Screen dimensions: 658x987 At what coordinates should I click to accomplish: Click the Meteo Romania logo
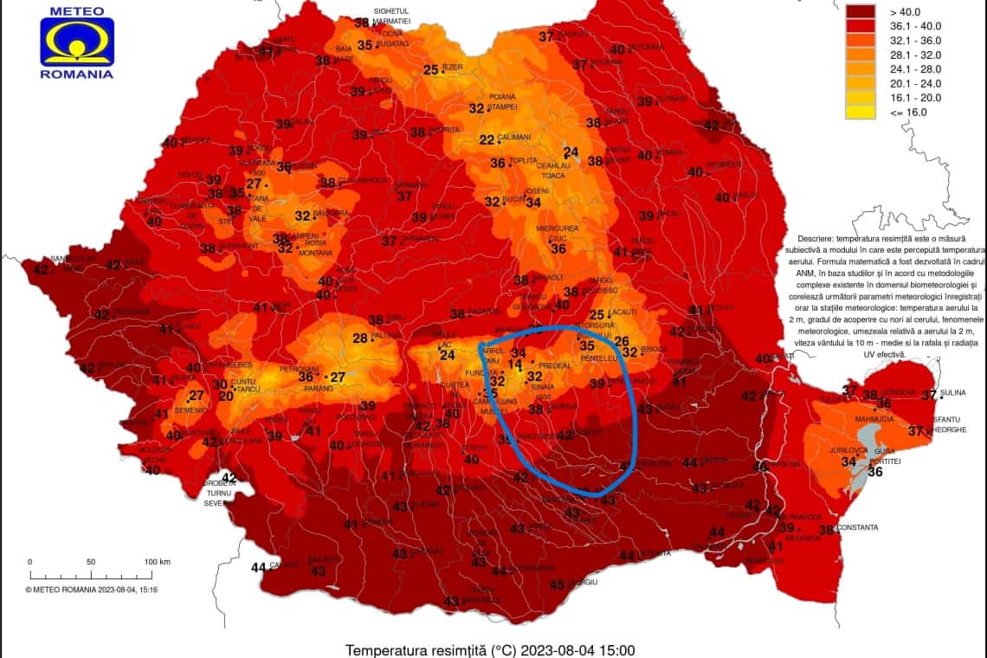76,42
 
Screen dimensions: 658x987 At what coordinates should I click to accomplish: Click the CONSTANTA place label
858,527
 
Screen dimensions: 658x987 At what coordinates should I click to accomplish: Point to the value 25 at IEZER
430,70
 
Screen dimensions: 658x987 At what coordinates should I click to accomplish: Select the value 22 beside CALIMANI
487,139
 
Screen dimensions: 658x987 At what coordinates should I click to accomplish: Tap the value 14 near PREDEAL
515,365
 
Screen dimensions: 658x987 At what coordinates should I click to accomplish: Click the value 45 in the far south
557,584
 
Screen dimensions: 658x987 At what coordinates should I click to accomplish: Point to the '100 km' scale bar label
158,562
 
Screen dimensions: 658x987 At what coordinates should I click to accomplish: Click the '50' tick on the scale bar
91,562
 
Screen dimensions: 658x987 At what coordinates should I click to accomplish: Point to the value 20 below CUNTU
225,396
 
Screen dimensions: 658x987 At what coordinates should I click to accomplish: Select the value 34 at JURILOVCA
848,461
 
